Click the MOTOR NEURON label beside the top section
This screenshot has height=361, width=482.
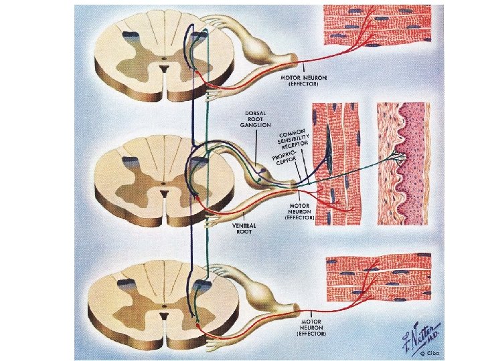point(305,81)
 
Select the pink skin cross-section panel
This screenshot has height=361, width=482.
point(402,162)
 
